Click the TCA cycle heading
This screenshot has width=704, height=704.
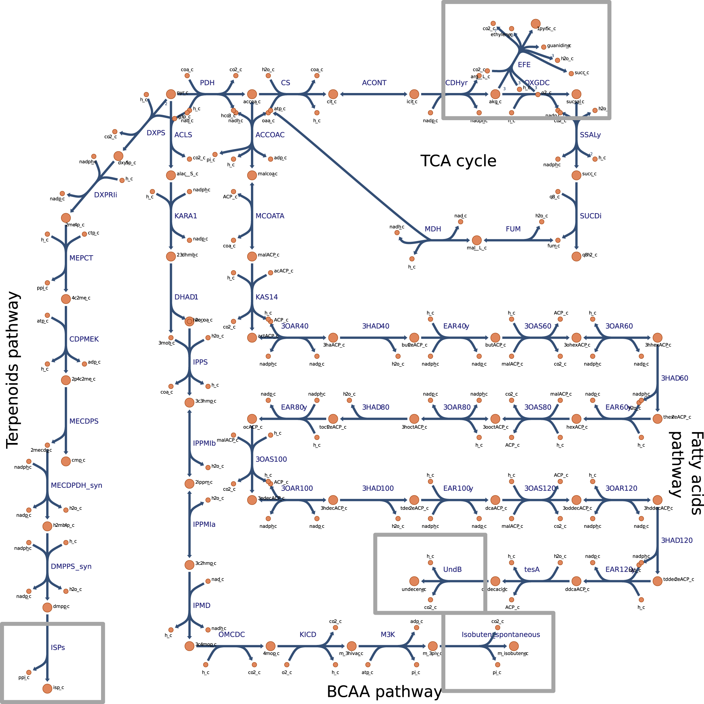tap(458, 161)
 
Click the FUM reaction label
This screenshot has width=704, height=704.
tap(513, 229)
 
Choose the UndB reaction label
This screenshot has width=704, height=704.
tap(452, 569)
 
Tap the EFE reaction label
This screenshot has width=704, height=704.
tap(524, 64)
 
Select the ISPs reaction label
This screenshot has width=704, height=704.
tap(58, 647)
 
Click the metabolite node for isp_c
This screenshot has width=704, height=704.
tap(47, 688)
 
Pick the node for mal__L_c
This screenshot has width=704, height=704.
tap(476, 240)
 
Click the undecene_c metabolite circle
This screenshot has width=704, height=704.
tap(414, 581)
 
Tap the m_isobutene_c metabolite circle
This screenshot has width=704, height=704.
tap(513, 646)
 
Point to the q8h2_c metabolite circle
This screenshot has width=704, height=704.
tap(576, 256)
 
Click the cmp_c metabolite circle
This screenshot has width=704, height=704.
tap(65, 461)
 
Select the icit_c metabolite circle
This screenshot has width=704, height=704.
tap(414, 94)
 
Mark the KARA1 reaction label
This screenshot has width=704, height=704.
tap(185, 216)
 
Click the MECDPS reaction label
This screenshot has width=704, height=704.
tap(84, 421)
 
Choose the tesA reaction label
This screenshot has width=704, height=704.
tap(532, 569)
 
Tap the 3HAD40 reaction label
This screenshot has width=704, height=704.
tap(375, 326)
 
